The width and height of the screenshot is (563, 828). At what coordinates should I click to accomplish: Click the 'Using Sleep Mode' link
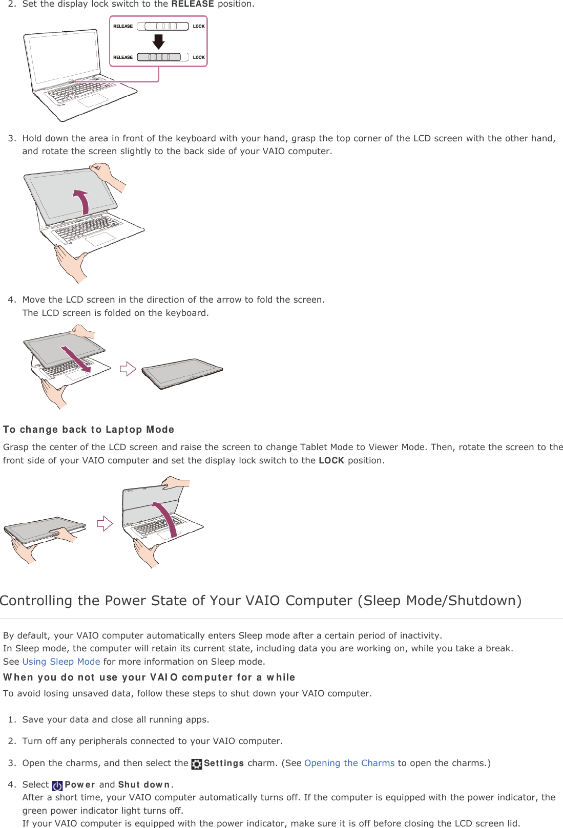coord(61,662)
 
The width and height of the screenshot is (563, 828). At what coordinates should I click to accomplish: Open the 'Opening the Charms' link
coord(349,763)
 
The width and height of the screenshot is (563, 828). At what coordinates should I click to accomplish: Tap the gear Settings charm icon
coord(197,764)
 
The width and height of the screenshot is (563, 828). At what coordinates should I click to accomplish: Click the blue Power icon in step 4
coord(57,785)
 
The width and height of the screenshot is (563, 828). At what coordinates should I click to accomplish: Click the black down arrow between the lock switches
coord(159,41)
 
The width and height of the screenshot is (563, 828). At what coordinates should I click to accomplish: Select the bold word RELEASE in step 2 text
coord(192,4)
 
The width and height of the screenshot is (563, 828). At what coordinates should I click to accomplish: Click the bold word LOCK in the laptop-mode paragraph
coord(331,460)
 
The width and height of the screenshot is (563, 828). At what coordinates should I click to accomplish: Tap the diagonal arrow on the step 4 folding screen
coord(76,359)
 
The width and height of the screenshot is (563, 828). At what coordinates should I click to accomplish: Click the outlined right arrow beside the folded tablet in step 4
coord(128,369)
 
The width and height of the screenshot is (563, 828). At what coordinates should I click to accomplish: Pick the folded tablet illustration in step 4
coord(182,372)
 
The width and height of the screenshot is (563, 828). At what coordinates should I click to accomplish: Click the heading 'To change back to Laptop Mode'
coord(89,430)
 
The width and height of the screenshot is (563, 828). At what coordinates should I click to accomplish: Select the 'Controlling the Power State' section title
coord(261,600)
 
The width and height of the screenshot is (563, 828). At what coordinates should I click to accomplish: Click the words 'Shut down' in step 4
coord(144,784)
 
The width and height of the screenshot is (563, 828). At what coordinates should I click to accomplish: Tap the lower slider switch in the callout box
coord(159,57)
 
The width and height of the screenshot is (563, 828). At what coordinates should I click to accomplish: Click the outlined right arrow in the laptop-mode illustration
coord(105,523)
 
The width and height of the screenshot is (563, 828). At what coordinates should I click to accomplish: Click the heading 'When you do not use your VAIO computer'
coord(149,677)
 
